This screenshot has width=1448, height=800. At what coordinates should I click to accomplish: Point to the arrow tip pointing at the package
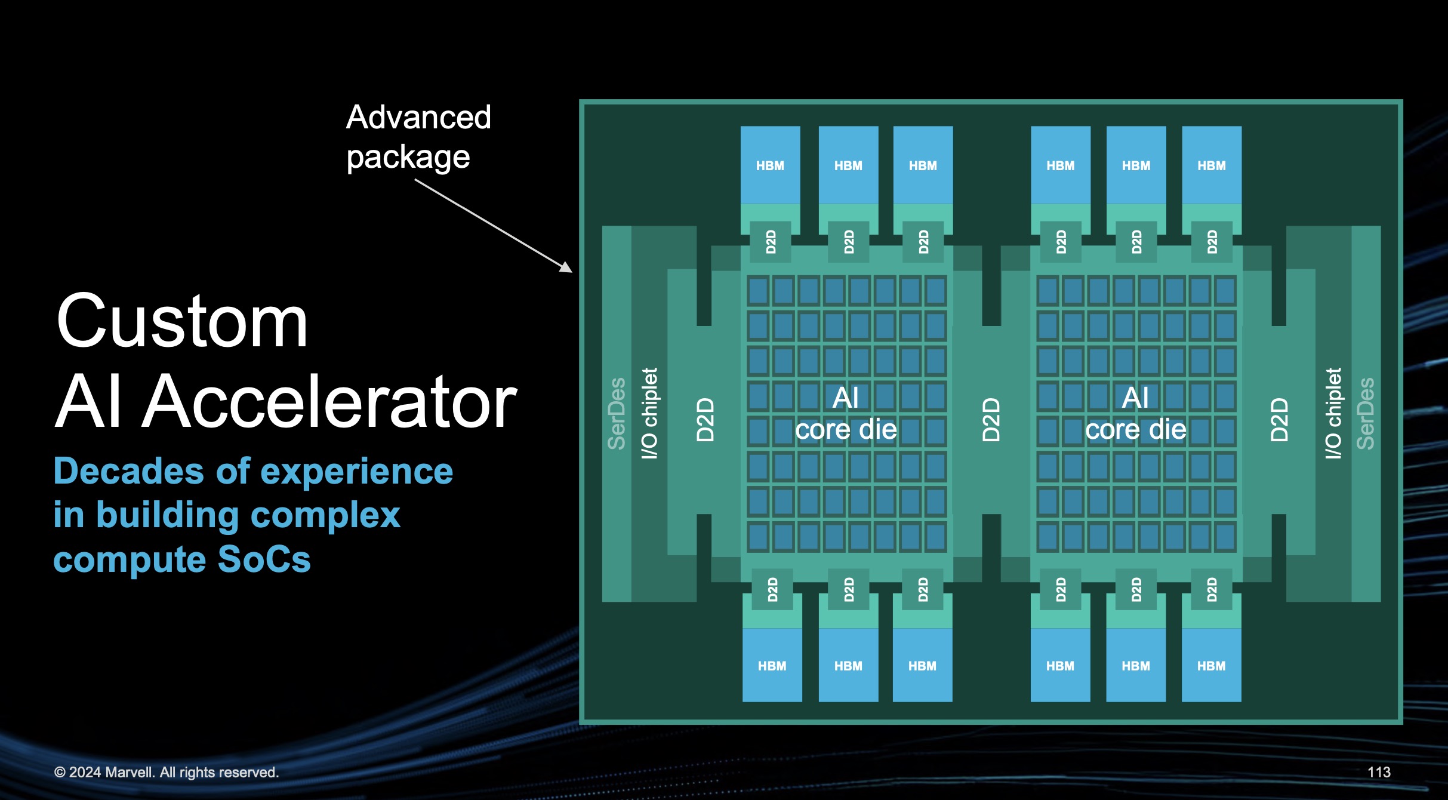point(570,271)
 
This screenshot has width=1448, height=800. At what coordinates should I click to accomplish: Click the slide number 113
point(1378,772)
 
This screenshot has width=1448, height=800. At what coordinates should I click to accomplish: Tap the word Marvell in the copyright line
point(130,772)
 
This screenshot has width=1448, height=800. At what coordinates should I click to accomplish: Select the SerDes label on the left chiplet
point(617,413)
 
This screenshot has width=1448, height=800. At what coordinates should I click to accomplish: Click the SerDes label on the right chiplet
point(1366,413)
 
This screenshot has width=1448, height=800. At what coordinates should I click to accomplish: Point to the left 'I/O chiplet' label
point(649,413)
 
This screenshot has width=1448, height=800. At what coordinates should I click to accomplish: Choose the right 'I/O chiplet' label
point(1333,413)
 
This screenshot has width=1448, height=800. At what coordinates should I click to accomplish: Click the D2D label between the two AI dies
point(991,420)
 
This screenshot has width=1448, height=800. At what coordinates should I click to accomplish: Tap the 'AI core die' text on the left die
point(846,413)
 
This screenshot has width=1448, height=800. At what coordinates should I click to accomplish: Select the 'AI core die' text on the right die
point(1135,413)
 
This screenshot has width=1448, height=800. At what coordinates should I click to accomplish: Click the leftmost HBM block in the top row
point(770,165)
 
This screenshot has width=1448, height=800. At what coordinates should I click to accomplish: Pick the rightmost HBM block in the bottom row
point(1211,665)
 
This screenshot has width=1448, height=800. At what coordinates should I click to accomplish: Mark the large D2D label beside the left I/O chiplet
point(705,420)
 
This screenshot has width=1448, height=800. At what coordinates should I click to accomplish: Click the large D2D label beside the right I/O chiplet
point(1278,420)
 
